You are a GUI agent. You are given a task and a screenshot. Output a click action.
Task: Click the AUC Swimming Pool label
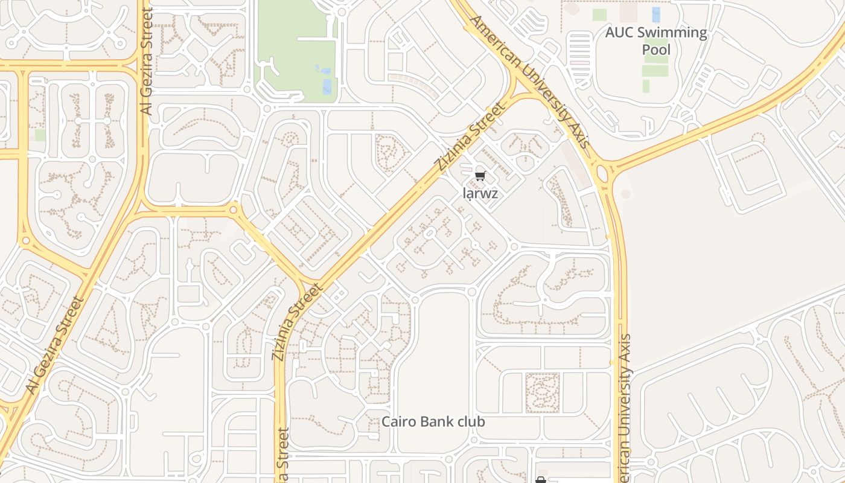pyautogui.click(x=656, y=40)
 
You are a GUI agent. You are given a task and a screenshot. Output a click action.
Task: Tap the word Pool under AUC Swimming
pyautogui.click(x=656, y=49)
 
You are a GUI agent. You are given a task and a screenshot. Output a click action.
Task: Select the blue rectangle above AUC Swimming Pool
pyautogui.click(x=656, y=14)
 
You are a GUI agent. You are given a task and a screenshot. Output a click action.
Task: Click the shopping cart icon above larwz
pyautogui.click(x=480, y=176)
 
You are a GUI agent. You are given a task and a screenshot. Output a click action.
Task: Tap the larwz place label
pyautogui.click(x=480, y=193)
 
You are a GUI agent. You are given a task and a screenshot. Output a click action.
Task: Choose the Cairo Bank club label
pyautogui.click(x=433, y=421)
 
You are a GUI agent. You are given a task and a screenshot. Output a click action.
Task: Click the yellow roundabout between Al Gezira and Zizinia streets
pyautogui.click(x=234, y=210)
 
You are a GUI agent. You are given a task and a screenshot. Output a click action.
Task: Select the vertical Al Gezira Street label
pyautogui.click(x=147, y=60)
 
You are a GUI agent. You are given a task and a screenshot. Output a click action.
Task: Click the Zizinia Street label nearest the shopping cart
pyautogui.click(x=468, y=136)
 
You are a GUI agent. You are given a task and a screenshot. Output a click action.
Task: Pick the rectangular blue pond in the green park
pyautogui.click(x=327, y=86)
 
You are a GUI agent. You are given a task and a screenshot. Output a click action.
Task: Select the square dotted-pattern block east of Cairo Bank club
pyautogui.click(x=542, y=392)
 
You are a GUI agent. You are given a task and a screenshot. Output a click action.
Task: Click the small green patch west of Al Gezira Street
pyautogui.click(x=40, y=135)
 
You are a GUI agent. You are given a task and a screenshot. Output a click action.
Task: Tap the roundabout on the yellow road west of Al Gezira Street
pyautogui.click(x=25, y=241)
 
